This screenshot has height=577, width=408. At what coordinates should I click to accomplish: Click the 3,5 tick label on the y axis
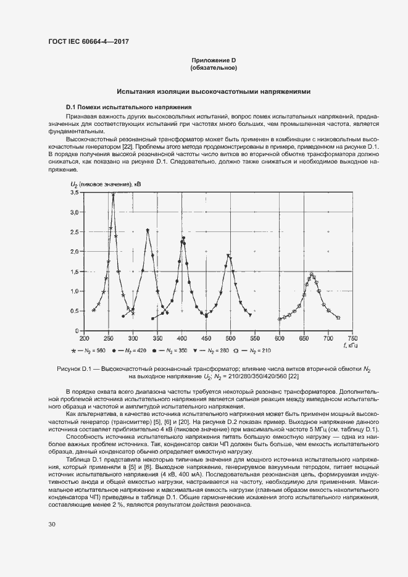(74, 193)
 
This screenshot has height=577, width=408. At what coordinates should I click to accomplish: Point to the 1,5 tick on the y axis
(74, 272)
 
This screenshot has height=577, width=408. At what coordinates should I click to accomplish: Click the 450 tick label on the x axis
(206, 338)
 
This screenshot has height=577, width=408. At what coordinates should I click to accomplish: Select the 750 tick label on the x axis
(352, 338)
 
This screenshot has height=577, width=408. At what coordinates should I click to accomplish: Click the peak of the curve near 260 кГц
(113, 194)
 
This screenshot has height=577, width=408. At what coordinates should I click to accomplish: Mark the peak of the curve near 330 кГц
(148, 231)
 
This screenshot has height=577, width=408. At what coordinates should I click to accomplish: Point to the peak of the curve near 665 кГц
(312, 273)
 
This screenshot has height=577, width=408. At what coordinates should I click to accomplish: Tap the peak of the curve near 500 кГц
(228, 255)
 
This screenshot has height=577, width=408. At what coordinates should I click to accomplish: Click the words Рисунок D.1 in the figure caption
(73, 368)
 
